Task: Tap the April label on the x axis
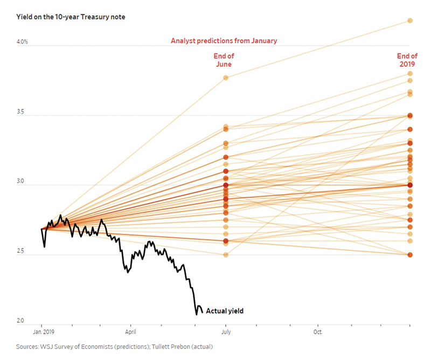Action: [130, 333]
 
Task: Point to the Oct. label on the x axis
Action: [318, 333]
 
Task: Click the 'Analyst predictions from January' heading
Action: [224, 40]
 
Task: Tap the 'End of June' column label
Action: [224, 60]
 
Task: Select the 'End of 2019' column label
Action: [407, 60]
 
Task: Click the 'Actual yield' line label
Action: [225, 311]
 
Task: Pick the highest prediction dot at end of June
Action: [226, 78]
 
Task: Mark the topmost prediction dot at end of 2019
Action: [410, 20]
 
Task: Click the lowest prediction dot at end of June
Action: [226, 254]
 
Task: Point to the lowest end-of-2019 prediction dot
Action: [410, 254]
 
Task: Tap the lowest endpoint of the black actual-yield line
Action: [196, 314]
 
